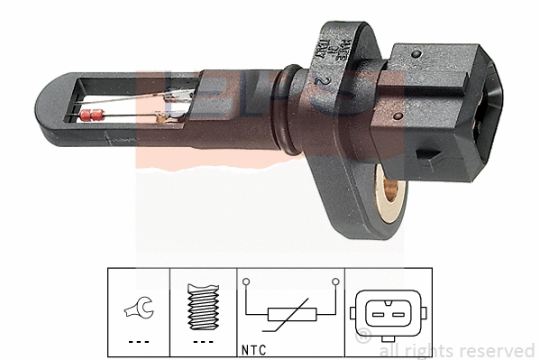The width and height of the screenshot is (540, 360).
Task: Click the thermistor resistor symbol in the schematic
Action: pos(290,314)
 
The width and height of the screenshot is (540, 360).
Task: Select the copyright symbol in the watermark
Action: pos(363,339)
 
